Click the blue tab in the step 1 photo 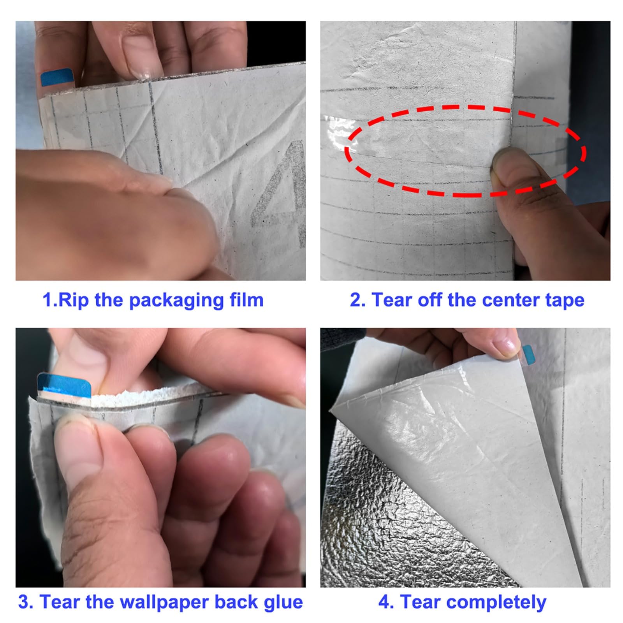tap(57, 77)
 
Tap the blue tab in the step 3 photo tap(64, 385)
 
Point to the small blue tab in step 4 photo tap(529, 355)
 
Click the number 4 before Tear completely tap(384, 602)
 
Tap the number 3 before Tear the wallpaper tap(24, 602)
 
